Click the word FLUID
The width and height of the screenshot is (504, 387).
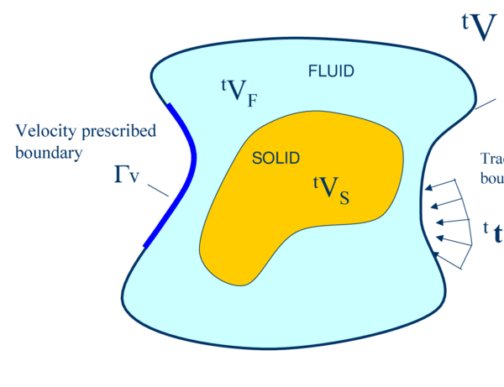click(331, 71)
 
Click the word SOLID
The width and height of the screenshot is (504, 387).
click(276, 157)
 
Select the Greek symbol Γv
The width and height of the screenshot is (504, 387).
click(127, 175)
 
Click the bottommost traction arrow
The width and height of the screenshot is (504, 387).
click(445, 248)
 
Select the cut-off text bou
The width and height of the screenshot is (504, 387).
click(491, 178)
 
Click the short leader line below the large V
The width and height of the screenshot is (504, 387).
click(485, 104)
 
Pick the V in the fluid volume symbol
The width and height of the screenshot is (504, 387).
click(234, 91)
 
